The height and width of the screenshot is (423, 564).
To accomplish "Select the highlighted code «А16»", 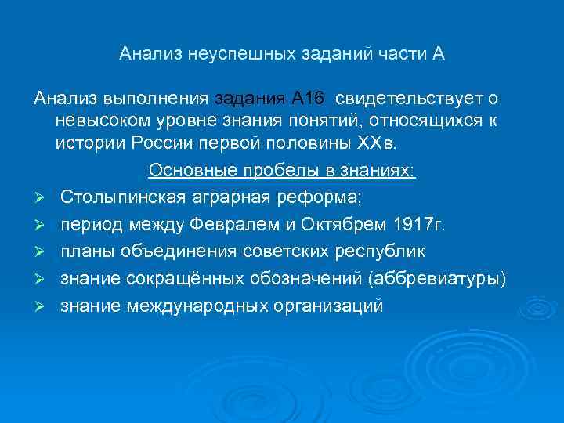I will (307, 99).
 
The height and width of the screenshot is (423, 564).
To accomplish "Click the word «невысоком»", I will (103, 122).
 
